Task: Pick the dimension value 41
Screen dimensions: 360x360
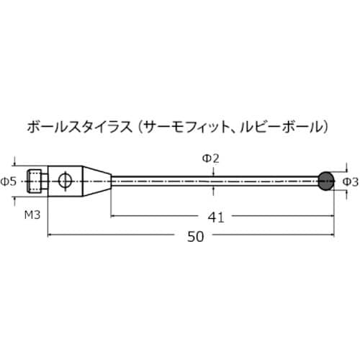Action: (215, 215)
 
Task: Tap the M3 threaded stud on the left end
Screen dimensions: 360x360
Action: (37, 180)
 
